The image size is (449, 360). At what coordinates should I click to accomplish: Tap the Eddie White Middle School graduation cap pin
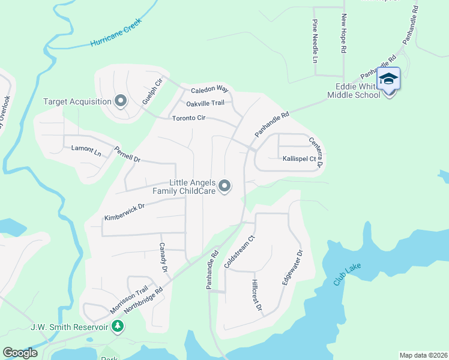coord(388,80)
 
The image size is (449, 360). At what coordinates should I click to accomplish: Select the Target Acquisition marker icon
coord(121,101)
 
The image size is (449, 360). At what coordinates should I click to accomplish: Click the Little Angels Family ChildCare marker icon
coord(224,187)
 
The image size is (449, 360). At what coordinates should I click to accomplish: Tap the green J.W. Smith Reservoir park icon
coord(118,326)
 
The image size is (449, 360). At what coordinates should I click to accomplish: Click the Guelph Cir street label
coord(152,92)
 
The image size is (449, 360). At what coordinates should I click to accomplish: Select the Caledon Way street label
coord(210,89)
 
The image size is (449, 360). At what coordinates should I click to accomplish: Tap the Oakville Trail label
coord(205,103)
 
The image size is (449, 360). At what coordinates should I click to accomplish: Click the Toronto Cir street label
coord(189,118)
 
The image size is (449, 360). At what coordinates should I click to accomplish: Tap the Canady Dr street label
coord(162,257)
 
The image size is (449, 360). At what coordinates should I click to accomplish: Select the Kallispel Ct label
coord(299,159)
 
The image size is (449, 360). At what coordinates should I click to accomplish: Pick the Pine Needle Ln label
coord(315,41)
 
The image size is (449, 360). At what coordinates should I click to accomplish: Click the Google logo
coord(20,353)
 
